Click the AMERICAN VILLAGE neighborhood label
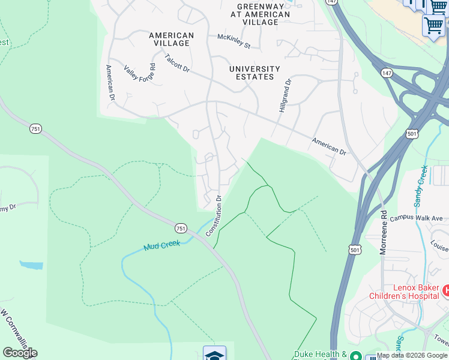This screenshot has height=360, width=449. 171,40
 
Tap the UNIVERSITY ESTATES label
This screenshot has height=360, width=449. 255,73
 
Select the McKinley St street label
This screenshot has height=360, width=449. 234,41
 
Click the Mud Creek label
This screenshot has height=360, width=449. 162,246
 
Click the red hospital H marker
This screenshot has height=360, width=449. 445,291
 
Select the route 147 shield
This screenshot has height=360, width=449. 385,72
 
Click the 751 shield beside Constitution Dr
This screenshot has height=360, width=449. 181,228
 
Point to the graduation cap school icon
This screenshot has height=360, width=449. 214,354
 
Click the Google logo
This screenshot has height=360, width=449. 20,353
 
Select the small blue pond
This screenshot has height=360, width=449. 31,265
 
